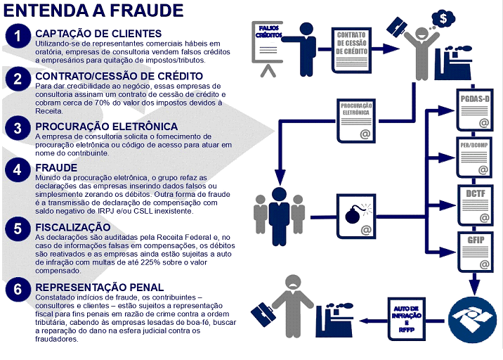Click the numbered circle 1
tap(18, 36)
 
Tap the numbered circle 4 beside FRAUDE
tap(18, 169)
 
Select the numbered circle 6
tap(18, 290)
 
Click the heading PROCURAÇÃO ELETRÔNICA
tap(107, 127)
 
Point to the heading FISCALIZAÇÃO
tap(73, 227)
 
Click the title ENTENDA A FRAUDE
tap(93, 11)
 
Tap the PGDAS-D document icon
tap(475, 110)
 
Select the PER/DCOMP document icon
tap(474, 157)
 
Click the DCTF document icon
tap(475, 205)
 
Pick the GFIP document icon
tap(475, 252)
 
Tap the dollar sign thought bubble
tap(443, 18)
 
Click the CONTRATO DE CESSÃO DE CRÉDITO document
tap(351, 51)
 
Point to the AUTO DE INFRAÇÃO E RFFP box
tap(407, 319)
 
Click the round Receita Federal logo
tap(472, 320)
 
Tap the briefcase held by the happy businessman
tap(397, 26)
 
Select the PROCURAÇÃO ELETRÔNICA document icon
tap(356, 121)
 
